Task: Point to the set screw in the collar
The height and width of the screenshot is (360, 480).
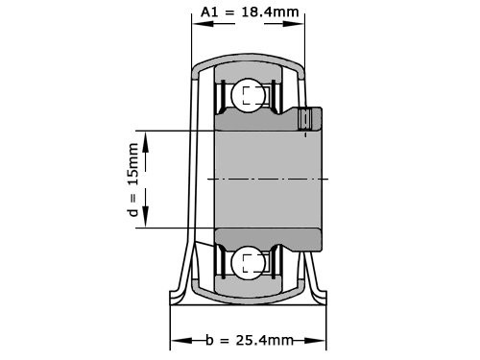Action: click(306, 120)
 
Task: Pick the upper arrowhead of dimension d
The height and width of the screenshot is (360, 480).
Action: click(146, 140)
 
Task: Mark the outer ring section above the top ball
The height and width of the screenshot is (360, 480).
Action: click(250, 70)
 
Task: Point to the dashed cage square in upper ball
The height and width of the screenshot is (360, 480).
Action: click(252, 95)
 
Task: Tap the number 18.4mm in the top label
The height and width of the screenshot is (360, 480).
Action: click(267, 12)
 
